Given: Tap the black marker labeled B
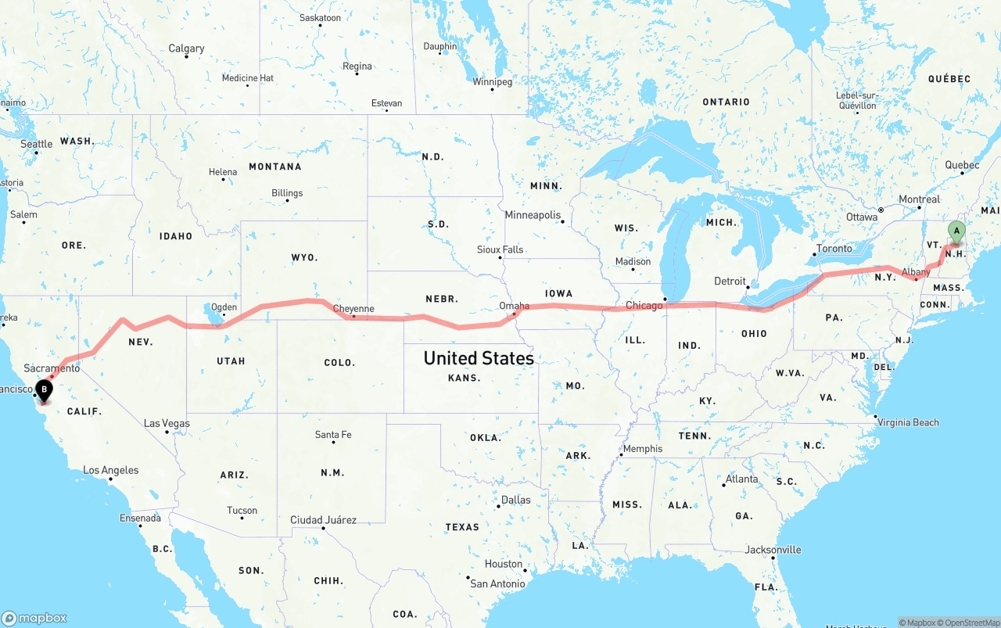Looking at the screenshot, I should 45,389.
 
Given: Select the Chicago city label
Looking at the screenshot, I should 644,305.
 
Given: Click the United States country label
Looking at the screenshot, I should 479,358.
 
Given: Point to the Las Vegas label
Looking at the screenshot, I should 167,423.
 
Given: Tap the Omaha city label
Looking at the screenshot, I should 515,305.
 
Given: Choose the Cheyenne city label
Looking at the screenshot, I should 353,309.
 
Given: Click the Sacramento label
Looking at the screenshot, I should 52,368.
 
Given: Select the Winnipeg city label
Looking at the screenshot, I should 492,81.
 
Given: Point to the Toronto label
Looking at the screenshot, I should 834,249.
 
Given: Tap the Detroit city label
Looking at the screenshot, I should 730,281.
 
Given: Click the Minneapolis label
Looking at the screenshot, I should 533,215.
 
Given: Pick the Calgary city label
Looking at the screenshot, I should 186,48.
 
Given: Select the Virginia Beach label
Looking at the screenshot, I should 908,422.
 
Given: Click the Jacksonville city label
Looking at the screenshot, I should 773,550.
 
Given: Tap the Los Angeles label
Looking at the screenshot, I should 111,470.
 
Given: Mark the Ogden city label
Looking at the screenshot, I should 223,307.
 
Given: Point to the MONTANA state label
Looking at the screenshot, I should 275,167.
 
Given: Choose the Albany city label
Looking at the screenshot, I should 916,272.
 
